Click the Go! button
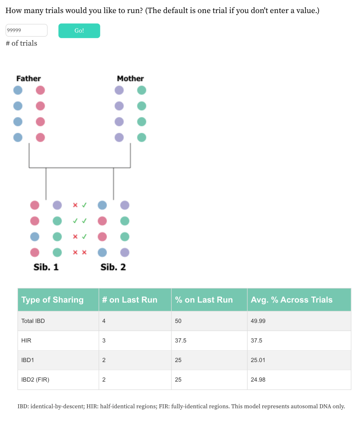[x=79, y=31]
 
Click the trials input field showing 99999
[x=26, y=30]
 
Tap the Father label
[x=28, y=79]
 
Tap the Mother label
[x=130, y=79]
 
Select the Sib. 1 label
[x=46, y=267]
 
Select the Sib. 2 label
[x=113, y=267]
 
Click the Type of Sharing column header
[x=52, y=300]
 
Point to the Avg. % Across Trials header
[x=291, y=300]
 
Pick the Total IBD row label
[x=33, y=321]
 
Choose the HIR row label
[x=26, y=340]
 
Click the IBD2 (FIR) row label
[x=35, y=380]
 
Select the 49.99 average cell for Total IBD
[x=258, y=321]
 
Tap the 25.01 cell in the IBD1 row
[x=258, y=360]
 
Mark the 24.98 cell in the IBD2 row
[x=258, y=380]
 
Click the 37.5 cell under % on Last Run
[x=181, y=340]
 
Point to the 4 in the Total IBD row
[x=104, y=321]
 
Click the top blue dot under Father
[x=18, y=90]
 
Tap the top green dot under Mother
[x=142, y=90]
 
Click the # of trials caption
[x=21, y=43]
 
